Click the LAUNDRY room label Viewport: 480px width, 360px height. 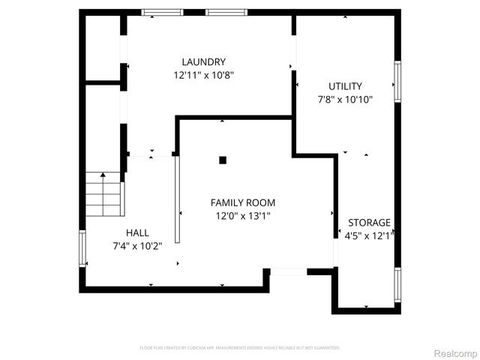pyautogui.click(x=203, y=61)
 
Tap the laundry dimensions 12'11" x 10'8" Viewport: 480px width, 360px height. pyautogui.click(x=203, y=75)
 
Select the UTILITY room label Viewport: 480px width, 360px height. pyautogui.click(x=345, y=86)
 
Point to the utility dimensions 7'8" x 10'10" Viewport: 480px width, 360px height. pyautogui.click(x=346, y=99)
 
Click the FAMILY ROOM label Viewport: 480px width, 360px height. pyautogui.click(x=242, y=202)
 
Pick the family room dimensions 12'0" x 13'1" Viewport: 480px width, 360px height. pyautogui.click(x=242, y=216)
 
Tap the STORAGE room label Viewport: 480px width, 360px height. pyautogui.click(x=369, y=223)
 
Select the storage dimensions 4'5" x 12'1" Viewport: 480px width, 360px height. pyautogui.click(x=368, y=235)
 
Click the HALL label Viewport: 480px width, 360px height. pyautogui.click(x=137, y=232)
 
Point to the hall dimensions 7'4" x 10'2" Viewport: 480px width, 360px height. pyautogui.click(x=137, y=245)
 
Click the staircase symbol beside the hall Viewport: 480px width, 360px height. pyautogui.click(x=103, y=194)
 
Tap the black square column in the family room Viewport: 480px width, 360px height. pyautogui.click(x=223, y=160)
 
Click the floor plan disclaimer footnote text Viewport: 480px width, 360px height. pyautogui.click(x=240, y=348)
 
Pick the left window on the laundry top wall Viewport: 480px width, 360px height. pyautogui.click(x=163, y=12)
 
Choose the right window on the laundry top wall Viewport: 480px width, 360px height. pyautogui.click(x=227, y=12)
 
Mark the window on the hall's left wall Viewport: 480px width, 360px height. pyautogui.click(x=82, y=248)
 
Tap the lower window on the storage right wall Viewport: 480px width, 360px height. pyautogui.click(x=397, y=284)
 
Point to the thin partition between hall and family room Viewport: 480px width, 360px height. pyautogui.click(x=177, y=199)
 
